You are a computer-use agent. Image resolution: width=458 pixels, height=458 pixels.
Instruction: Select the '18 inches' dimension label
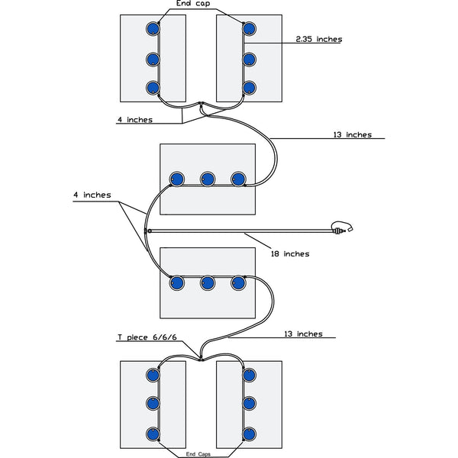[x=291, y=253]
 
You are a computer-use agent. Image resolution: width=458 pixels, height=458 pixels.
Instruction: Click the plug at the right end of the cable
[x=341, y=227]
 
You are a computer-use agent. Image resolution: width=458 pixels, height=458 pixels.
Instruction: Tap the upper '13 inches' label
[x=352, y=134]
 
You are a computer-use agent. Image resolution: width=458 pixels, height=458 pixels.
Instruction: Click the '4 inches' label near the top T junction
[x=134, y=119]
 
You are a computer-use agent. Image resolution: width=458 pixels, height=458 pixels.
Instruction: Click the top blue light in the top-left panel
[x=153, y=28]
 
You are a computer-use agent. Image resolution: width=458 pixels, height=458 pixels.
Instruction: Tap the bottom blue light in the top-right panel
[x=249, y=86]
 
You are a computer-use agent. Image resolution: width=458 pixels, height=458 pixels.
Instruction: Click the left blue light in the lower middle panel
[x=176, y=282]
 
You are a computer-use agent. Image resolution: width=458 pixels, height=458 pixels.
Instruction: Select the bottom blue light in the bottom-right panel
[x=249, y=434]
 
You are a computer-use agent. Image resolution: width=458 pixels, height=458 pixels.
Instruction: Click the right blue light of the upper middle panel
[x=238, y=179]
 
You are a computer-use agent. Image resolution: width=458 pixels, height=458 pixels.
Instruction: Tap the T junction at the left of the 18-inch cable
[x=147, y=230]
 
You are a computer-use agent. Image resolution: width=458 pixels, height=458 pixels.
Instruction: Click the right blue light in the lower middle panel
[x=238, y=282]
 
